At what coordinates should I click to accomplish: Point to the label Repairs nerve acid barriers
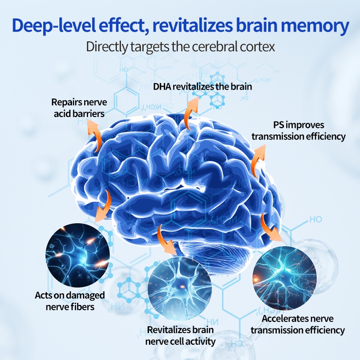point(77,108)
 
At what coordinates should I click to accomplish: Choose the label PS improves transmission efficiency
point(298,130)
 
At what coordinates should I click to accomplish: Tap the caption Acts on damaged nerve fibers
point(70,301)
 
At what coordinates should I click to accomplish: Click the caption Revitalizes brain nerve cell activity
point(180,336)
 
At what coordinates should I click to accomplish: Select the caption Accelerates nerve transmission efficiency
point(297,324)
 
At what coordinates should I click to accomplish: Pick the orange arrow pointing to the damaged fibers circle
point(105,205)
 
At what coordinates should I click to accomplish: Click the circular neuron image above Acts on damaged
point(78,255)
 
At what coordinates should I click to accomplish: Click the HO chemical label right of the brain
point(315,220)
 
